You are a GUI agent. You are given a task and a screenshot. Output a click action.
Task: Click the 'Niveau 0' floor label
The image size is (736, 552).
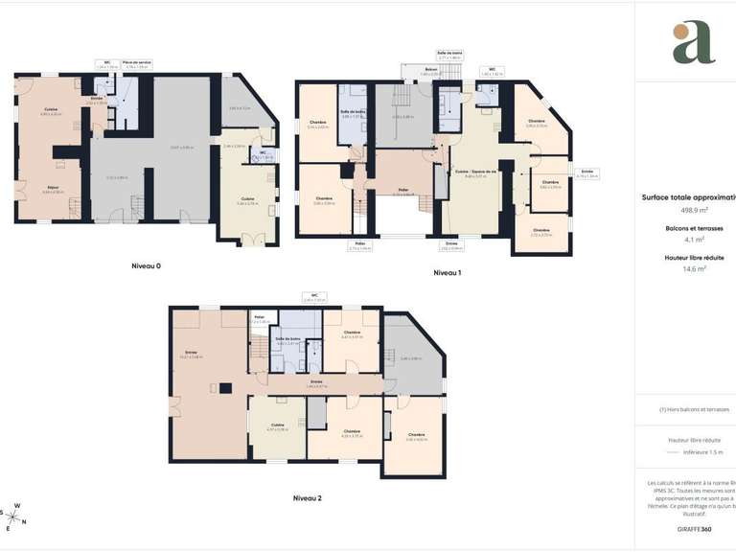click(146, 264)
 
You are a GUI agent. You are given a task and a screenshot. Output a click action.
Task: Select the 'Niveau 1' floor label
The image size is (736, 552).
click(447, 273)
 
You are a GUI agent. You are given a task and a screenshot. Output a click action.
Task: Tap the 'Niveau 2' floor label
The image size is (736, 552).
click(307, 498)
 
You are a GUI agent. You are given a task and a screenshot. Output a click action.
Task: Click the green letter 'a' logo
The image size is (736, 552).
click(693, 43)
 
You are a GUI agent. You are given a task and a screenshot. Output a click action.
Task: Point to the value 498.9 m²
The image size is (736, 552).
click(695, 210)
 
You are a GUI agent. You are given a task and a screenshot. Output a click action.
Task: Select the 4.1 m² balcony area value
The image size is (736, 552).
click(695, 241)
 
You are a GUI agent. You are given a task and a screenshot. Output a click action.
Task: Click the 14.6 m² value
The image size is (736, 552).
click(695, 270)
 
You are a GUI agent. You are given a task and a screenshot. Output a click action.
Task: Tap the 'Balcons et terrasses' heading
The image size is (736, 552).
click(695, 229)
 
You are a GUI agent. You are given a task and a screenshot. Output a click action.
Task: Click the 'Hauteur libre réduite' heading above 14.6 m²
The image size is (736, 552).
click(695, 259)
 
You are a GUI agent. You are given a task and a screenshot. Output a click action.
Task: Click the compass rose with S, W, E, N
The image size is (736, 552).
click(16, 517)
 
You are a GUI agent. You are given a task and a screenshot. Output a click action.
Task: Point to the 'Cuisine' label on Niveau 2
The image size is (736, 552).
click(277, 425)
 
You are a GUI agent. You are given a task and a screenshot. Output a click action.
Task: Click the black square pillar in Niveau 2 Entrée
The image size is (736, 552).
click(225, 388)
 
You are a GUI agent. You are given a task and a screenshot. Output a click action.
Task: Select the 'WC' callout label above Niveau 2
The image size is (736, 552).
click(309, 295)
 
